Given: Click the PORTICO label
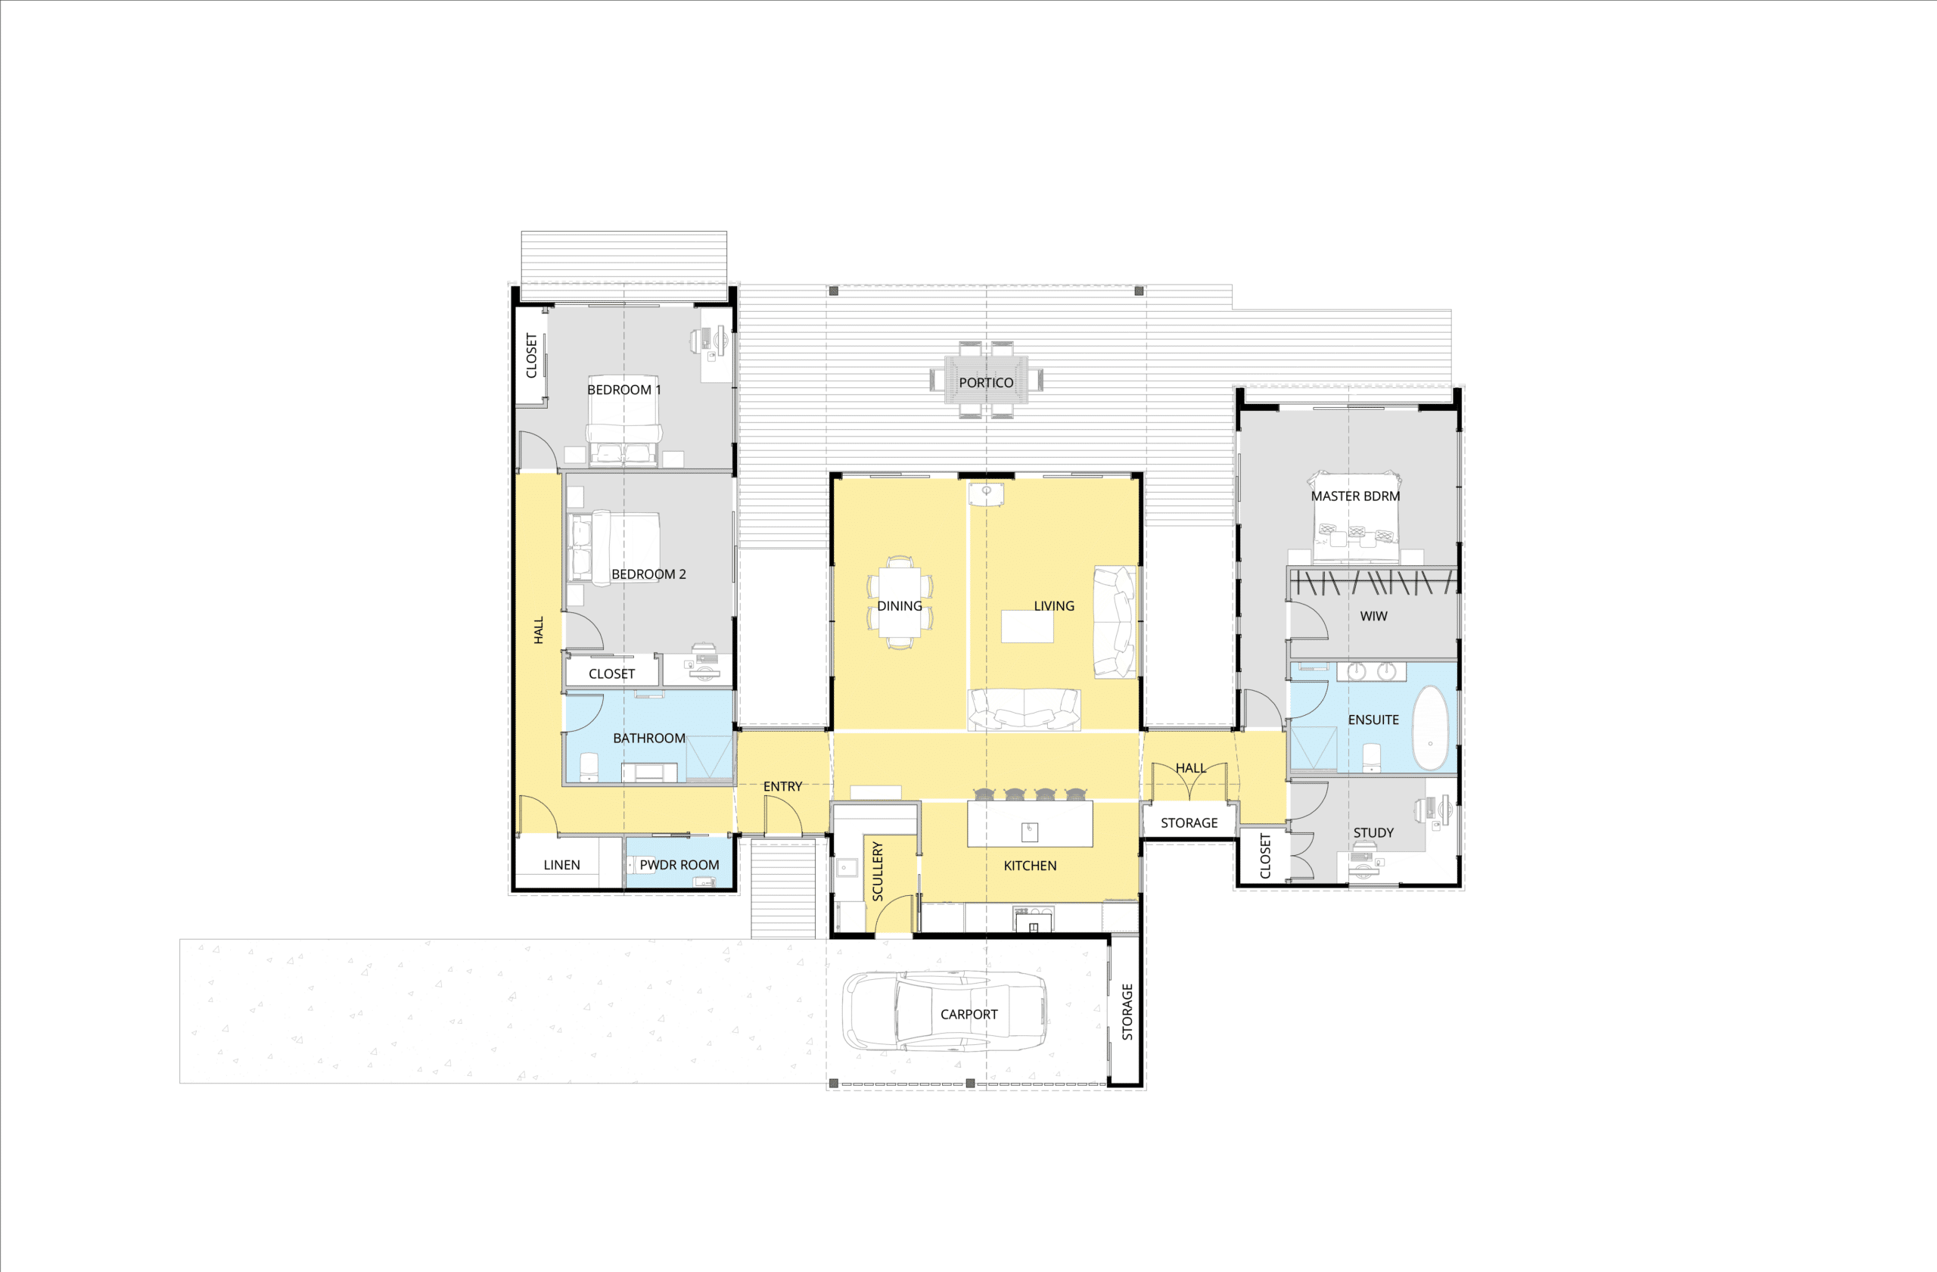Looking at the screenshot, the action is (x=986, y=382).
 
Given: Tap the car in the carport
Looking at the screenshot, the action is (x=944, y=1011).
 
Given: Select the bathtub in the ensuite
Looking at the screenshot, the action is (x=1430, y=727).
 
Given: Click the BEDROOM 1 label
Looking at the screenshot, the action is (x=624, y=390).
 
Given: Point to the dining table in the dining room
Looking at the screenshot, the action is (x=900, y=602).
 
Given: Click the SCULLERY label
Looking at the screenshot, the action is (x=878, y=871).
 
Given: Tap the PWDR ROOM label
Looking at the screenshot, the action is (x=679, y=864).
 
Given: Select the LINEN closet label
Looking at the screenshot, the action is (x=561, y=864).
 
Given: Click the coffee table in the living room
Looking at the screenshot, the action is (x=1027, y=627).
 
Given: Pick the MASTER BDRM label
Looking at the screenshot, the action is (x=1355, y=496).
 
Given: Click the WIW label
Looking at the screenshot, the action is (x=1373, y=616).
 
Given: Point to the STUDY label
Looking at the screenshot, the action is (x=1373, y=832).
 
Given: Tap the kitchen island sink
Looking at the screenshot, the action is (x=1030, y=831).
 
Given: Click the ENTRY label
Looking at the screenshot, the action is (x=782, y=786).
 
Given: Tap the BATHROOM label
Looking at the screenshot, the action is (x=648, y=738).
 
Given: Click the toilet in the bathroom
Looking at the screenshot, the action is (x=589, y=767).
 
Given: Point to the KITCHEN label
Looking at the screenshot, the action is (x=1030, y=865).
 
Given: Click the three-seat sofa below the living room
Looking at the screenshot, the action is (x=1024, y=709).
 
